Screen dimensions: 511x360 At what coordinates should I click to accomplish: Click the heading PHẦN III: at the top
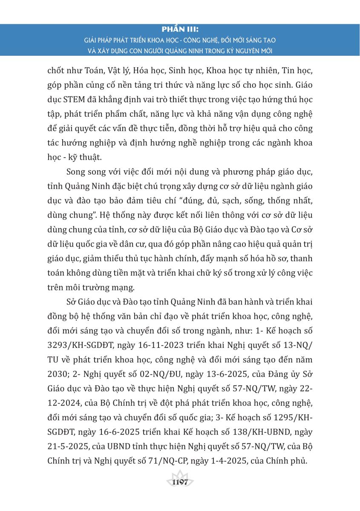(180, 30)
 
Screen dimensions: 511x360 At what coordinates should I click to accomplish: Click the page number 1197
(180, 482)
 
